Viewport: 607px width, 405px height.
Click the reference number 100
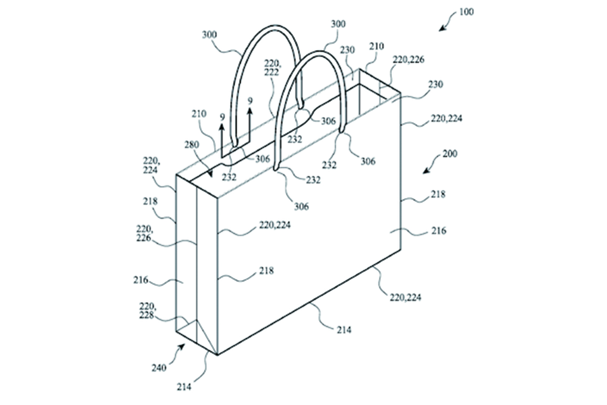(x=466, y=12)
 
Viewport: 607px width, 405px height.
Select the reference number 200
(x=450, y=154)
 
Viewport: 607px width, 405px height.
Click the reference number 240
(x=159, y=368)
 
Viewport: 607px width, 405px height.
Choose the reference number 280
(x=192, y=145)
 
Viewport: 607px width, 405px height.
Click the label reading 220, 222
(x=272, y=68)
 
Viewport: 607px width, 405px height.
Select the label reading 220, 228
(x=147, y=311)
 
